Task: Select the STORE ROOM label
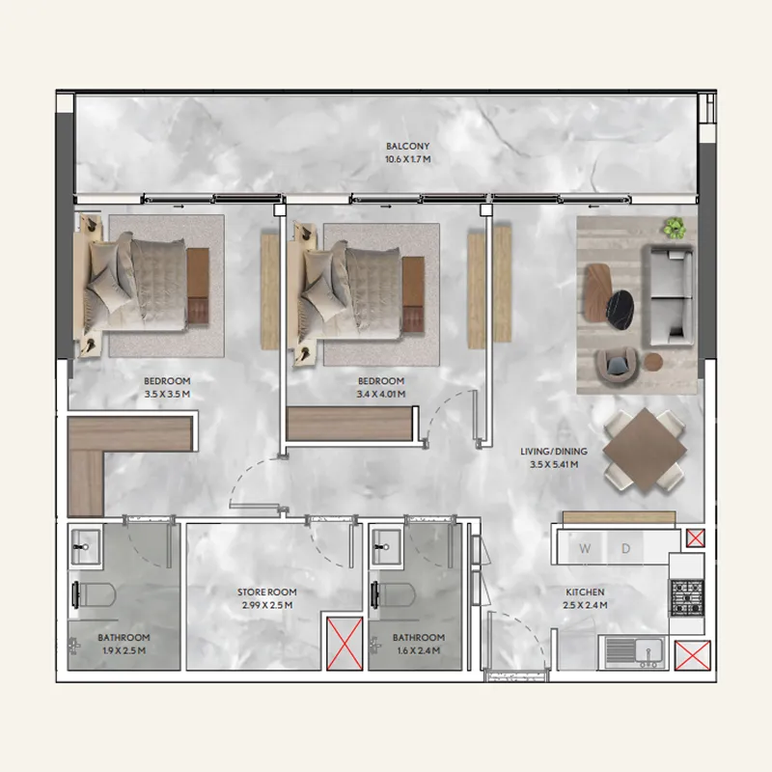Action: click(x=266, y=593)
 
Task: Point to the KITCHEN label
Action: click(x=585, y=593)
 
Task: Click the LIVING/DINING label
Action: click(x=548, y=451)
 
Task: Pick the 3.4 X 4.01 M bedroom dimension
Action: click(x=381, y=394)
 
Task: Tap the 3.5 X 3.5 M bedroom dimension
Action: click(x=167, y=394)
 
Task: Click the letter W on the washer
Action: click(x=585, y=549)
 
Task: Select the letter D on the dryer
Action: click(x=625, y=549)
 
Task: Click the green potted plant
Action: click(x=674, y=228)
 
